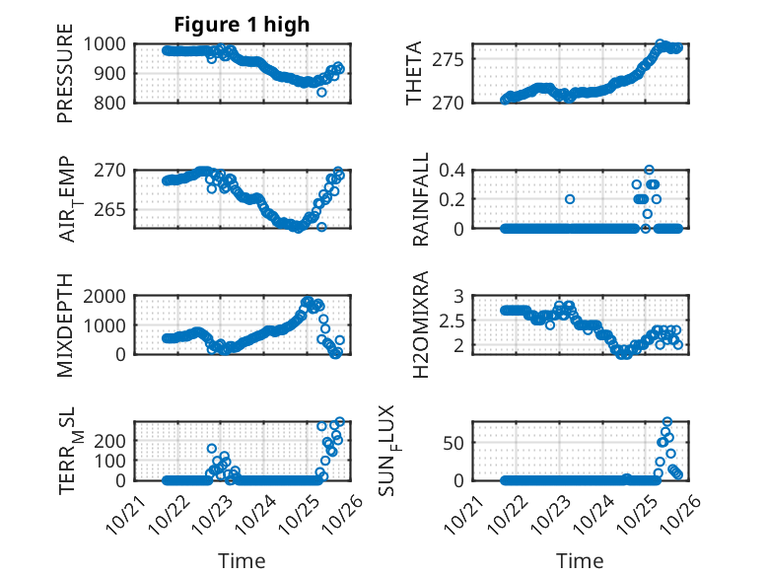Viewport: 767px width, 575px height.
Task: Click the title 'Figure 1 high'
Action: pos(242,24)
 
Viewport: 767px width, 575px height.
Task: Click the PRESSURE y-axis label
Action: pos(66,80)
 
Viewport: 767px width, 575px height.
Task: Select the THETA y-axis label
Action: pos(414,73)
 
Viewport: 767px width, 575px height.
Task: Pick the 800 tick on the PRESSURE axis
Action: pos(112,103)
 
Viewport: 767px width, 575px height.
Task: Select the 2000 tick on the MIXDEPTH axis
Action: pos(104,295)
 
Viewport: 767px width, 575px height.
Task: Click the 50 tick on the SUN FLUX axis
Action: pos(454,443)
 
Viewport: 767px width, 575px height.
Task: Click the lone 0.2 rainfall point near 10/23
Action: pos(570,199)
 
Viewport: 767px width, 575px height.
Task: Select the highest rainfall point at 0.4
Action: pos(649,170)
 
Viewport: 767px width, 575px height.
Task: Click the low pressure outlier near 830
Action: pos(321,92)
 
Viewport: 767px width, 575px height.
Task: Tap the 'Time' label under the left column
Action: pos(242,561)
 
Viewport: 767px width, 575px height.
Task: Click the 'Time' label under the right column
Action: pos(581,561)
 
